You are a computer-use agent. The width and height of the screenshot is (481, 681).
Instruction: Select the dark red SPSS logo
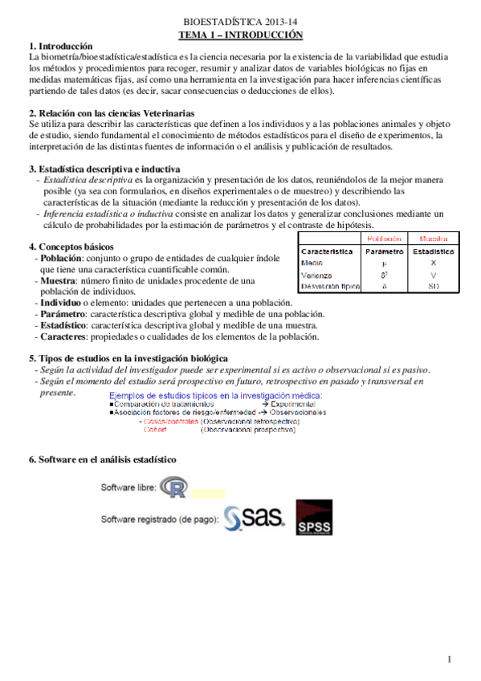[314, 518]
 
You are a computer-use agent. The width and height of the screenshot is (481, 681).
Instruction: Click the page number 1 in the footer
[451, 660]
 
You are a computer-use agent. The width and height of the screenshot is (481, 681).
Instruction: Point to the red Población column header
[384, 239]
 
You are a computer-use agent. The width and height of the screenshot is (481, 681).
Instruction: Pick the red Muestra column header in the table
[433, 239]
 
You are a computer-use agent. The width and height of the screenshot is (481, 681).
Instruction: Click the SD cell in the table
[433, 286]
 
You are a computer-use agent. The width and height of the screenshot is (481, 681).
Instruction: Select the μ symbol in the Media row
[384, 263]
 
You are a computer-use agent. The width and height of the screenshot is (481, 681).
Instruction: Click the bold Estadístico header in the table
[433, 251]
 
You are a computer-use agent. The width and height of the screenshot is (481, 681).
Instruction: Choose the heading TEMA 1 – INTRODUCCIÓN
[240, 35]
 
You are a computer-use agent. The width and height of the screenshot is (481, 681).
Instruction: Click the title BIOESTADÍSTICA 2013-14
[240, 23]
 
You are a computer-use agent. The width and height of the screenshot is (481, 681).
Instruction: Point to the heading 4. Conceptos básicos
[71, 247]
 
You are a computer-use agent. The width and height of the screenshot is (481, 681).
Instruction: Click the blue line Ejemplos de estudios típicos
[215, 396]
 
